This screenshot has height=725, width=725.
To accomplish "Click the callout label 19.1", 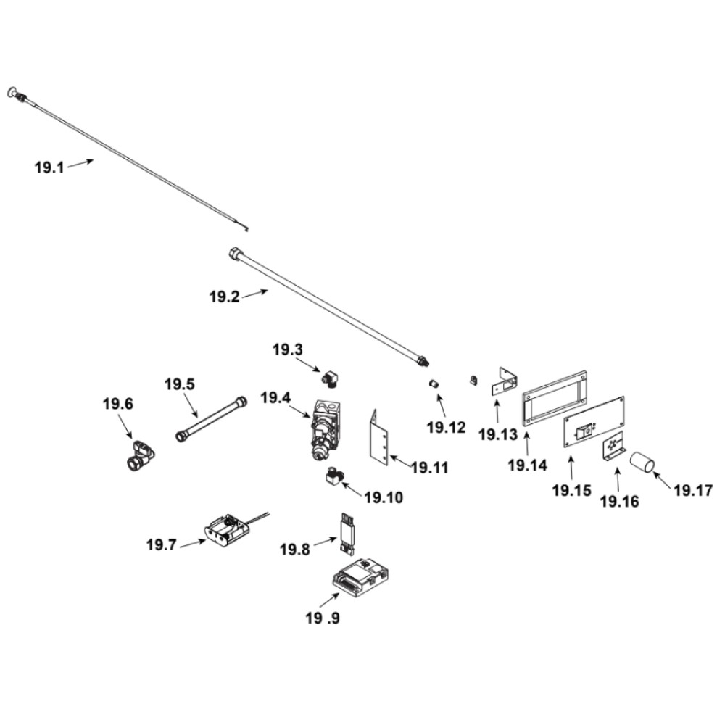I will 49,167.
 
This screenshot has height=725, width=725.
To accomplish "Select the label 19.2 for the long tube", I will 224,297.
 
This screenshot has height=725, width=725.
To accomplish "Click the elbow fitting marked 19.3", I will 332,377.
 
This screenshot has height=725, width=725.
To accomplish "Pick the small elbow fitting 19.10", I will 335,478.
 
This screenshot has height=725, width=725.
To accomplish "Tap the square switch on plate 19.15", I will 582,433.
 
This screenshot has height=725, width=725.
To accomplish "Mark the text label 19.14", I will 526,465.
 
